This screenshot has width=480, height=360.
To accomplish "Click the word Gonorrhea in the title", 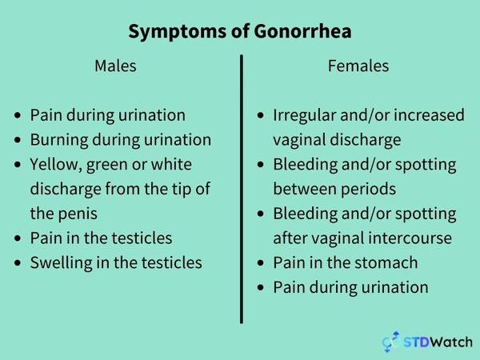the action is [302, 31].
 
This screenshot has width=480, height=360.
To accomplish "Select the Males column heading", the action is [115, 66].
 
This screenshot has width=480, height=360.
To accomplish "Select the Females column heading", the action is [358, 66].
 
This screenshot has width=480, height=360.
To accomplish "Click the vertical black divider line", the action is [242, 189].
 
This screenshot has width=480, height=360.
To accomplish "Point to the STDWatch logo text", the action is [438, 342].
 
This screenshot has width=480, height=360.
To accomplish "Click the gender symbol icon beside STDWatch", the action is [391, 342].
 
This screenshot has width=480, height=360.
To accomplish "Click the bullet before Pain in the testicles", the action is [18, 238].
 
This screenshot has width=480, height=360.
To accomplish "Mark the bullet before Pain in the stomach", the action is [261, 262].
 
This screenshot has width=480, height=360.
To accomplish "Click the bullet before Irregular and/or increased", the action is [261, 115].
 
